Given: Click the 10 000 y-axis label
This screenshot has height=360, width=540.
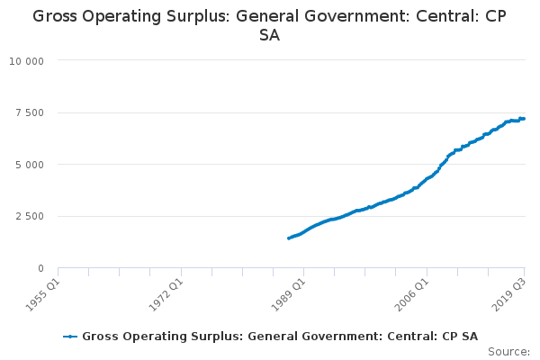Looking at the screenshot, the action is point(26,61).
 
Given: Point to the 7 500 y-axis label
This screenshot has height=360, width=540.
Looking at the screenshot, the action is point(30,113).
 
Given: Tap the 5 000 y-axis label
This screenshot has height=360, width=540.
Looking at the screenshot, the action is point(30,165).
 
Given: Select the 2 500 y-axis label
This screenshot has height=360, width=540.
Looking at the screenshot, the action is point(30,216).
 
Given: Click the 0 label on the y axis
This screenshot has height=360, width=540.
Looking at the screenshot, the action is point(41,268).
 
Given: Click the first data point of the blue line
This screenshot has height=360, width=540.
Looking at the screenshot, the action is point(289,238).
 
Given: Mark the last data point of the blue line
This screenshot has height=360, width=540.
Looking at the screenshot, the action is point(524,119).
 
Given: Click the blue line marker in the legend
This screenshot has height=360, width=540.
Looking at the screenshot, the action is point(70,337).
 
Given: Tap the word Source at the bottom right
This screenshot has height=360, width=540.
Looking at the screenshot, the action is point(508,352).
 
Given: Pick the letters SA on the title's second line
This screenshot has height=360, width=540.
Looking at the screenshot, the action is point(269,35).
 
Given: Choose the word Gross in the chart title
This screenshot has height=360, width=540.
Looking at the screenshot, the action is point(55,16).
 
